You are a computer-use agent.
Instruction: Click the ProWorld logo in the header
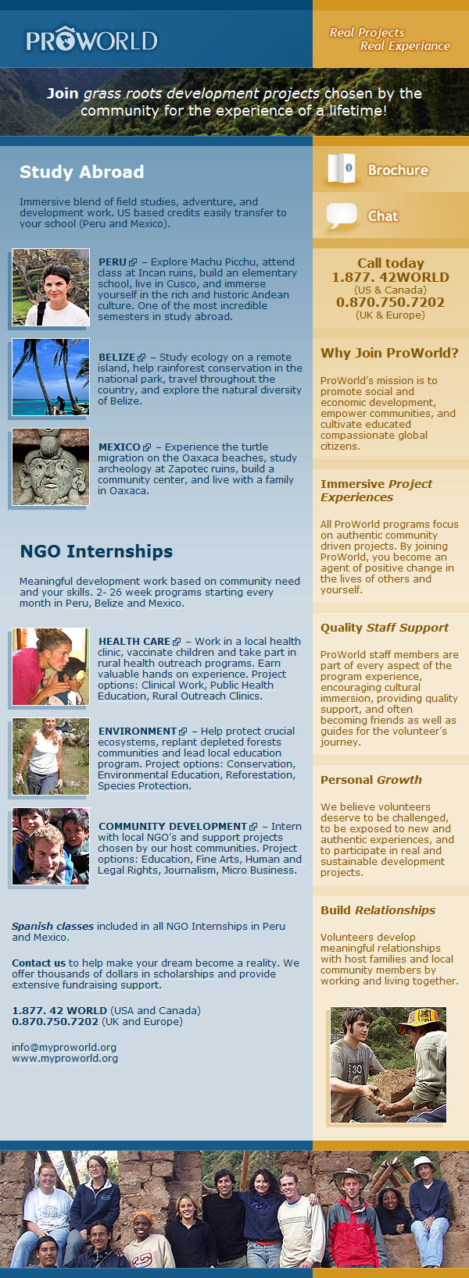[91, 40]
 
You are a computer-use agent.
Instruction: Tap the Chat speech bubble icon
[342, 215]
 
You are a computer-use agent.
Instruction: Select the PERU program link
[113, 262]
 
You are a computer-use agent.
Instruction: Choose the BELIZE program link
[116, 358]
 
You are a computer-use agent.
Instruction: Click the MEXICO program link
[120, 447]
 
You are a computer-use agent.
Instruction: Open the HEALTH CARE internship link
[134, 642]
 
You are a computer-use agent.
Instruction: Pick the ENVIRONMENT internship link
[138, 732]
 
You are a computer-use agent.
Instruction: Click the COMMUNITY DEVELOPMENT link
[173, 827]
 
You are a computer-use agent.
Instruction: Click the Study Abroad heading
[82, 172]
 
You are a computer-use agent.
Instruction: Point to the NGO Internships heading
[96, 551]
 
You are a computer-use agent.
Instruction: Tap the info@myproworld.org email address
[64, 1047]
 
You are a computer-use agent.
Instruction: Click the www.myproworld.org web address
[65, 1059]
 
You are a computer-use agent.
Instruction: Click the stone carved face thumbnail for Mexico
[51, 467]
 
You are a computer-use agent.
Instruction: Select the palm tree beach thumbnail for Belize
[51, 377]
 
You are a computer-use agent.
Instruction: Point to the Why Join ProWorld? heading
[389, 353]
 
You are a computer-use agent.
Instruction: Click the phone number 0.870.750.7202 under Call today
[390, 302]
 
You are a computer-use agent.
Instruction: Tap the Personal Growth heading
[371, 780]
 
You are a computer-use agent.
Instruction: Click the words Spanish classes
[52, 927]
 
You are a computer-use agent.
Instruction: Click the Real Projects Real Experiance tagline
[389, 39]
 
